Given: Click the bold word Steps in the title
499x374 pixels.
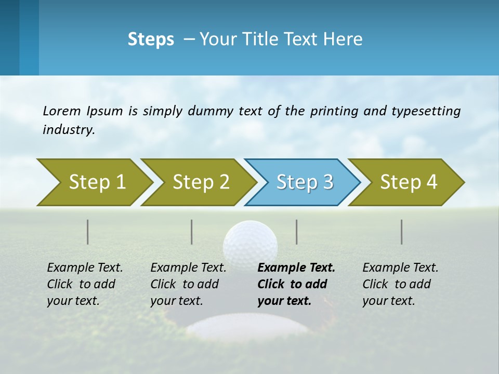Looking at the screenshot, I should point(151,39).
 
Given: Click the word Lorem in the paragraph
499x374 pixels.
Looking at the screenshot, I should point(62,111).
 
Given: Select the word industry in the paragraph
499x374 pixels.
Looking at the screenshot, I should point(69,130).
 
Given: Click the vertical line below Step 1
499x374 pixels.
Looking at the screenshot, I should point(88,232).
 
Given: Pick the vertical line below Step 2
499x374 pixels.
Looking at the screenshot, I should point(192,232).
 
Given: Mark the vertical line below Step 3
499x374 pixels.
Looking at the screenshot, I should point(297,232).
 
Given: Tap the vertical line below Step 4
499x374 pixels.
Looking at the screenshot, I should point(402,232).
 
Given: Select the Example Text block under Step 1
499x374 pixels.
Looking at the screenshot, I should point(85,284).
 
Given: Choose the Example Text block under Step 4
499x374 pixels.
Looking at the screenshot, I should point(400,284).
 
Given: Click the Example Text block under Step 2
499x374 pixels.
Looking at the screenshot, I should point(188,284).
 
